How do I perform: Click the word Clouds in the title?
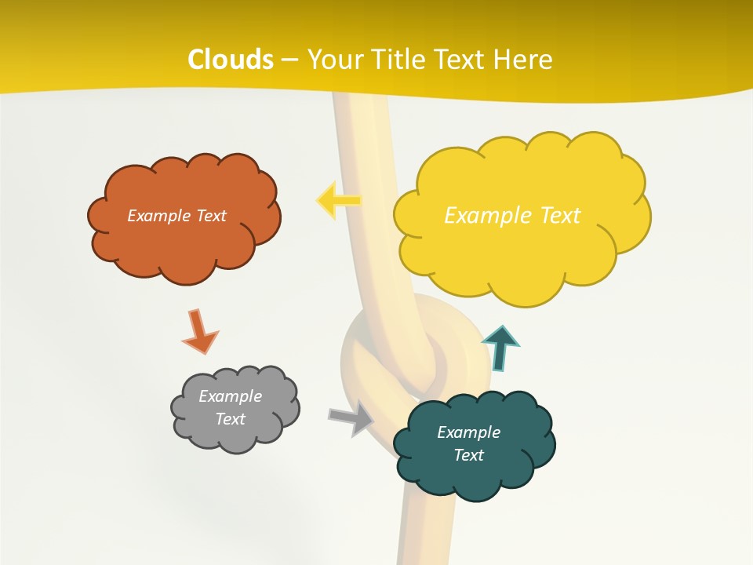231,60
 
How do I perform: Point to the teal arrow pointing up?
500,348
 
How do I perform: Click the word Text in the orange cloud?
210,216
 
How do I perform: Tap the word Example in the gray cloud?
230,396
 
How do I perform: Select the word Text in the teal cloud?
468,455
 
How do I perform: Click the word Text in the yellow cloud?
560,215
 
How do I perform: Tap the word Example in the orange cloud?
159,216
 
